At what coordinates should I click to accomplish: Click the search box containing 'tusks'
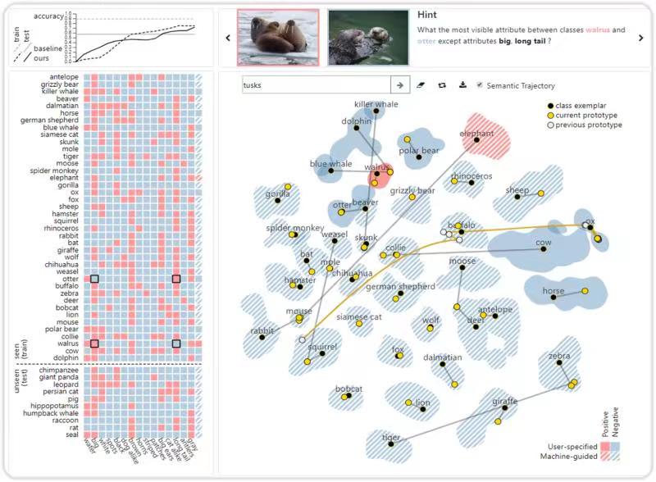pyautogui.click(x=316, y=84)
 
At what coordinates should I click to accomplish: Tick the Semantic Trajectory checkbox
pyautogui.click(x=480, y=85)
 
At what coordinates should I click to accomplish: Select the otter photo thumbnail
pyautogui.click(x=367, y=38)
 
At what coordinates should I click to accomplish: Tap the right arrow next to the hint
pyautogui.click(x=641, y=38)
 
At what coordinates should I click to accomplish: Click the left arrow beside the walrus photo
pyautogui.click(x=227, y=38)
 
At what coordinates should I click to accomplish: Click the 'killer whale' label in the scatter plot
pyautogui.click(x=376, y=105)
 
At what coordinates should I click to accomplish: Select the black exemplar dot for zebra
pyautogui.click(x=560, y=363)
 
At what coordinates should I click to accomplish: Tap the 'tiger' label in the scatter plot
pyautogui.click(x=391, y=437)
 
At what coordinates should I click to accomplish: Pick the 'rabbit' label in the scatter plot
pyautogui.click(x=262, y=330)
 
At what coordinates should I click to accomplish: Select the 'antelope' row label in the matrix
pyautogui.click(x=63, y=77)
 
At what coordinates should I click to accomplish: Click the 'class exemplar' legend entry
pyautogui.click(x=585, y=107)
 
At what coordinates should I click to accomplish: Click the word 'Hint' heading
pyautogui.click(x=427, y=15)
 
